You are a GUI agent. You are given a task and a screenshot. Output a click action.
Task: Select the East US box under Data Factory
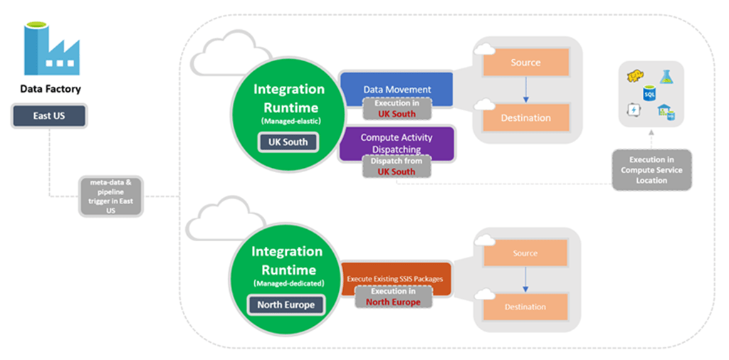tap(49, 116)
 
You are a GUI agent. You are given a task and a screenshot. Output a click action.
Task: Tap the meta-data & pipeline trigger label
tap(110, 196)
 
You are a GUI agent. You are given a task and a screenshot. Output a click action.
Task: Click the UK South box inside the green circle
tap(288, 142)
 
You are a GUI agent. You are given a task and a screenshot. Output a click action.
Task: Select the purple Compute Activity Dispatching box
tap(397, 143)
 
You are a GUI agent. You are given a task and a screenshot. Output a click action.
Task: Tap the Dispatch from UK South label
tap(397, 166)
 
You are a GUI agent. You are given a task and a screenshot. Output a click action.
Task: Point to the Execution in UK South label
tap(397, 108)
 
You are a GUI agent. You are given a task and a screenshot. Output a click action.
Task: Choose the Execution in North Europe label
tap(393, 297)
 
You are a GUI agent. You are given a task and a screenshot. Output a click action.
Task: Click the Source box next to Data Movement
tap(526, 63)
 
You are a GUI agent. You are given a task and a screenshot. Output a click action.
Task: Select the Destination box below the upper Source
tap(526, 118)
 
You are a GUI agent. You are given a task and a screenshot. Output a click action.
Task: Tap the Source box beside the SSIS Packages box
tap(526, 253)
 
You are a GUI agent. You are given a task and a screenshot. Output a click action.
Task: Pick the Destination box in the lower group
tap(526, 307)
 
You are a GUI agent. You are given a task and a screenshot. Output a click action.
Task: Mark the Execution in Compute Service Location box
tap(651, 170)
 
